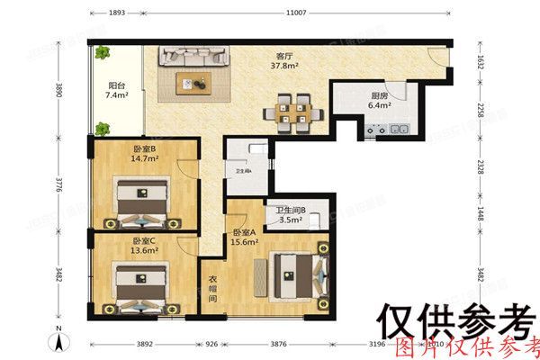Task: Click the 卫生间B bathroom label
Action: [291, 211]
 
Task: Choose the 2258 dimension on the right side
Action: [480, 111]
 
